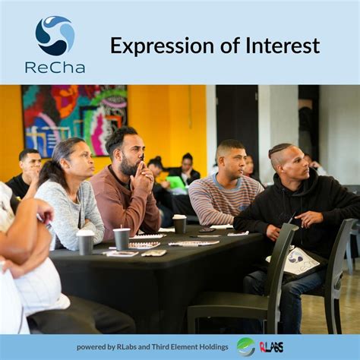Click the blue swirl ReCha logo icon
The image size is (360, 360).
pyautogui.click(x=55, y=35)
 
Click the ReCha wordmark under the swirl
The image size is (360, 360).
pyautogui.click(x=55, y=67)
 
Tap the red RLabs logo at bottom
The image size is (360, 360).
pyautogui.click(x=271, y=347)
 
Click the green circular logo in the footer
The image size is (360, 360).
pyautogui.click(x=245, y=346)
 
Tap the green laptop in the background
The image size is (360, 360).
pyautogui.click(x=176, y=182)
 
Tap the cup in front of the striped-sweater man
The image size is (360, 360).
pyautogui.click(x=179, y=223)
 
